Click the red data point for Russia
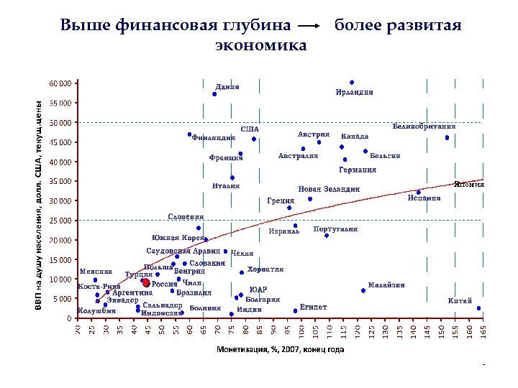point(146,283)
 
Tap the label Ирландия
point(354,92)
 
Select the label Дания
point(227,87)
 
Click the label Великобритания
point(424,127)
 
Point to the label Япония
point(468,184)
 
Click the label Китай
point(460,300)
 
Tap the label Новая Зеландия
point(329,189)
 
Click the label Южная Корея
point(178,238)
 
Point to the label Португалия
point(335,229)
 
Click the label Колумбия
point(96,311)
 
